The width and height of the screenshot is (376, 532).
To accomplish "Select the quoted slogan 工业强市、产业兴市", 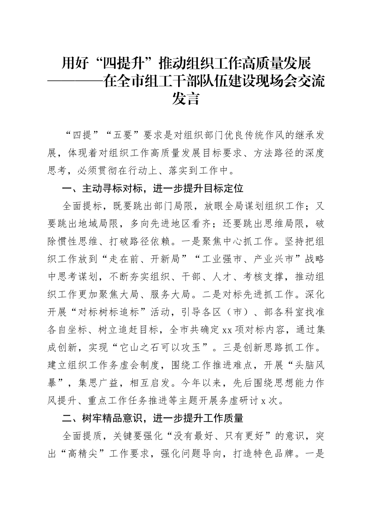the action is pyautogui.click(x=249, y=259).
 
